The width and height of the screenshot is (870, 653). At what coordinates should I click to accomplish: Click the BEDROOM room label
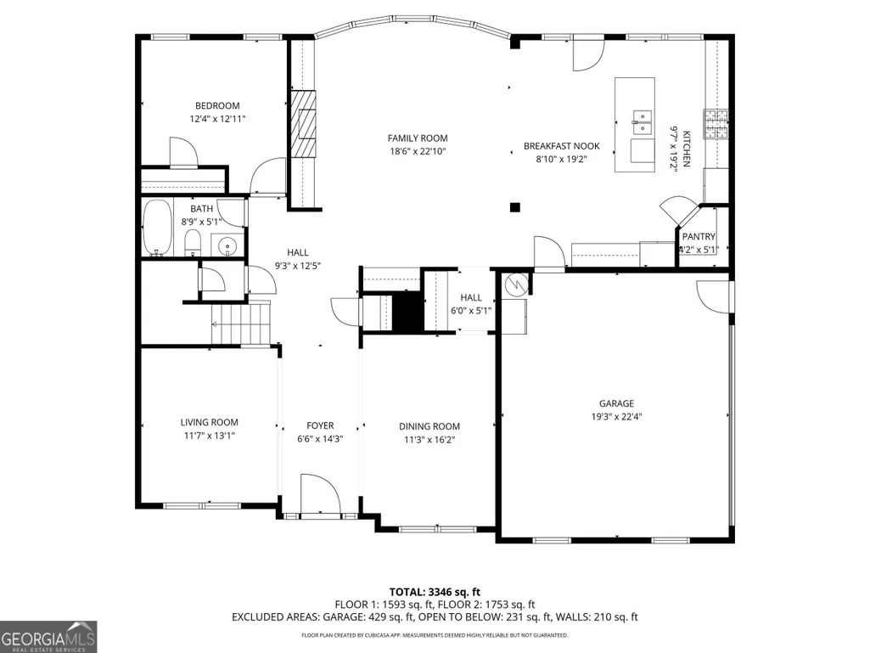tap(217, 105)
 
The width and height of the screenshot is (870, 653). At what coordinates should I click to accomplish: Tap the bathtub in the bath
tap(157, 228)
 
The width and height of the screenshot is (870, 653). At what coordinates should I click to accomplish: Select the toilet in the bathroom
tap(192, 245)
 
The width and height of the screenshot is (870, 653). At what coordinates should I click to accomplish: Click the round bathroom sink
tap(227, 245)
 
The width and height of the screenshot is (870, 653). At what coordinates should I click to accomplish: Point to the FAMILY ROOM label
tap(418, 138)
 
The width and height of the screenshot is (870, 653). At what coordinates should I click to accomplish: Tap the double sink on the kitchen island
tap(641, 123)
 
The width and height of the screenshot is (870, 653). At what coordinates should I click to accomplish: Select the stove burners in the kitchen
tap(716, 123)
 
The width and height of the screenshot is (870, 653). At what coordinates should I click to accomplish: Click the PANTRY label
tap(699, 237)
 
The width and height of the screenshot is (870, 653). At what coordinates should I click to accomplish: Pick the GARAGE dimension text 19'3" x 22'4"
tap(616, 416)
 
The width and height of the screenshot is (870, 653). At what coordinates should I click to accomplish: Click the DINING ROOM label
tap(429, 426)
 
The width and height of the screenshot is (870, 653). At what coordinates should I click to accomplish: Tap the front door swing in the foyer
tap(320, 493)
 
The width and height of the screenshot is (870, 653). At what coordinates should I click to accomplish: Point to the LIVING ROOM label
tap(209, 422)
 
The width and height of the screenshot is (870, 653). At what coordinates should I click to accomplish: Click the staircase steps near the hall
tap(241, 324)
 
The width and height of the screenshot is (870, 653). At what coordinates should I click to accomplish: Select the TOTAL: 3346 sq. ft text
tap(435, 592)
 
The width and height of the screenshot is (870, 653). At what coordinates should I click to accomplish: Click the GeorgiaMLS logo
tap(48, 636)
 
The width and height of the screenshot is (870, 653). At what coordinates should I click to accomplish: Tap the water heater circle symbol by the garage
tap(514, 284)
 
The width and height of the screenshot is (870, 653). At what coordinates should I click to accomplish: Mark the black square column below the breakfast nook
tap(515, 208)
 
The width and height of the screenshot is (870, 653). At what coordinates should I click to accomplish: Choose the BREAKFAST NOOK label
tap(562, 146)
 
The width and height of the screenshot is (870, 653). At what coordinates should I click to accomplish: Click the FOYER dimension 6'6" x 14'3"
tap(320, 439)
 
